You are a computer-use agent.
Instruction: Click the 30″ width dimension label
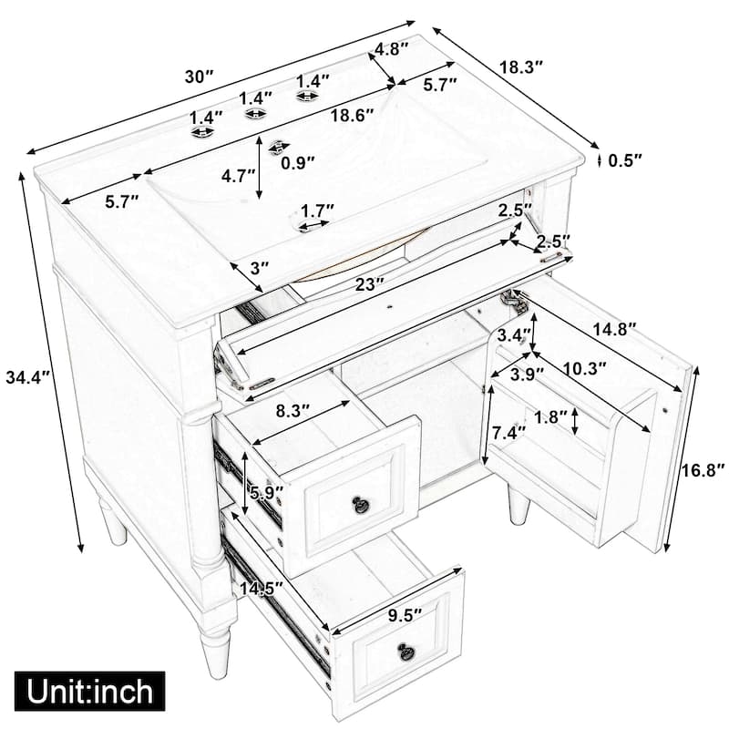(x=199, y=77)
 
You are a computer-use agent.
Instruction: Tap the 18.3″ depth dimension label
(x=521, y=67)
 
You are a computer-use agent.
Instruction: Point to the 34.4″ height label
(x=27, y=377)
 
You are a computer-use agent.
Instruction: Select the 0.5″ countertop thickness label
(x=625, y=161)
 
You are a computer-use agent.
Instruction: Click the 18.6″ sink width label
(x=352, y=116)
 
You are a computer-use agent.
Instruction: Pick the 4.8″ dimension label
(x=392, y=48)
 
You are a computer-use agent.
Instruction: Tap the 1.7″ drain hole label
(x=317, y=210)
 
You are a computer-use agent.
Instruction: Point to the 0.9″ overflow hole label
(x=299, y=162)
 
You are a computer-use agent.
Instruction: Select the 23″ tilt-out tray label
(x=369, y=284)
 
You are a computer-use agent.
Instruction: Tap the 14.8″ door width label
(x=613, y=330)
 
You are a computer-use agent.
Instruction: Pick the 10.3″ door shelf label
(x=584, y=368)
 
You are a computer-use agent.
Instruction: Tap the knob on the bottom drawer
(x=406, y=650)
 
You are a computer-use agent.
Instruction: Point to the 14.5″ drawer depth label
(x=262, y=589)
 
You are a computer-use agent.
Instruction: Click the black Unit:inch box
(x=89, y=691)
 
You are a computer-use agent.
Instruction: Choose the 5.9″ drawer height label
(x=266, y=492)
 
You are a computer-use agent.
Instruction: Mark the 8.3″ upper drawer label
(x=293, y=411)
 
